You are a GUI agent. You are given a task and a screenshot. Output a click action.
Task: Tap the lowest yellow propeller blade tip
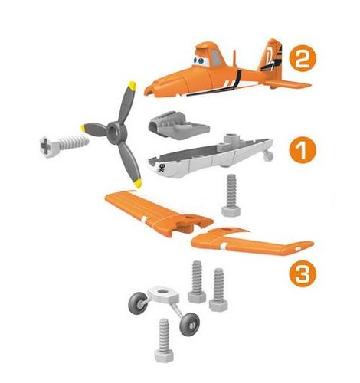(x=137, y=183)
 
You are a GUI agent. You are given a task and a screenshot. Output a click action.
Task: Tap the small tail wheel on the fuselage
(x=267, y=156)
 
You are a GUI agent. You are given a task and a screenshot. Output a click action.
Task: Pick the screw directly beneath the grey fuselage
(x=229, y=196)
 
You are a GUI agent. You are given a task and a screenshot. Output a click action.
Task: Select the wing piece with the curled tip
(x=253, y=244)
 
